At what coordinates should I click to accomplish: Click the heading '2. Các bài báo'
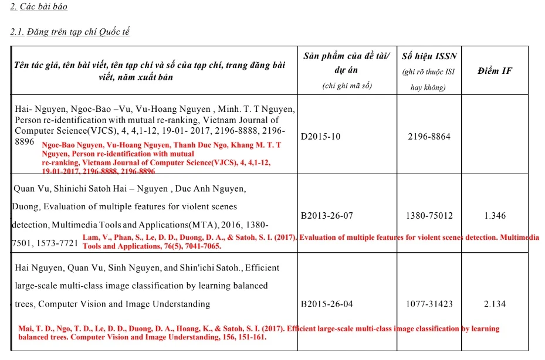pos(39,7)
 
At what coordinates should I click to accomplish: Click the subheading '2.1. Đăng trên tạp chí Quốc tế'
pos(70,32)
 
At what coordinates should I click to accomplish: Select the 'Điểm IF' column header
pos(495,71)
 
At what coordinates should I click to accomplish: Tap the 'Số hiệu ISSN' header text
pos(429,56)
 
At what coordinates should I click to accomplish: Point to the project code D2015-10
pos(320,137)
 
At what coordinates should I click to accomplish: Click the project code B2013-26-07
pos(327,216)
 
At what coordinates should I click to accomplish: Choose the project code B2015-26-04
pos(327,304)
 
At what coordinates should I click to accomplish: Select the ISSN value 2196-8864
pos(429,137)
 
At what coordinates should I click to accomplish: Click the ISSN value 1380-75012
pos(429,216)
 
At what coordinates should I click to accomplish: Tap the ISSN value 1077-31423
pos(429,304)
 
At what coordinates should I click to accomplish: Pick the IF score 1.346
pos(495,216)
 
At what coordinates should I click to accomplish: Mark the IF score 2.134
pos(495,304)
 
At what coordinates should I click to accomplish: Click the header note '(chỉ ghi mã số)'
pos(347,86)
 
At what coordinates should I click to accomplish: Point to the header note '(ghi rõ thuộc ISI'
pos(429,73)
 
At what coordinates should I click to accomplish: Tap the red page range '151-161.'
pos(251,338)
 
